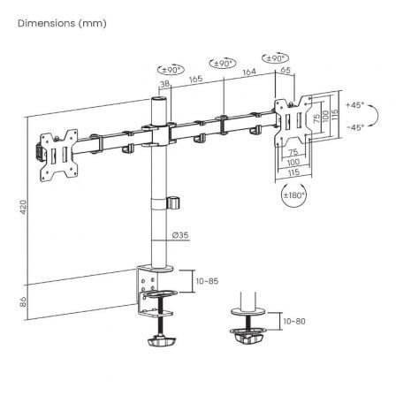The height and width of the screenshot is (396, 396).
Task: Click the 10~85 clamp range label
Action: point(207,280)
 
